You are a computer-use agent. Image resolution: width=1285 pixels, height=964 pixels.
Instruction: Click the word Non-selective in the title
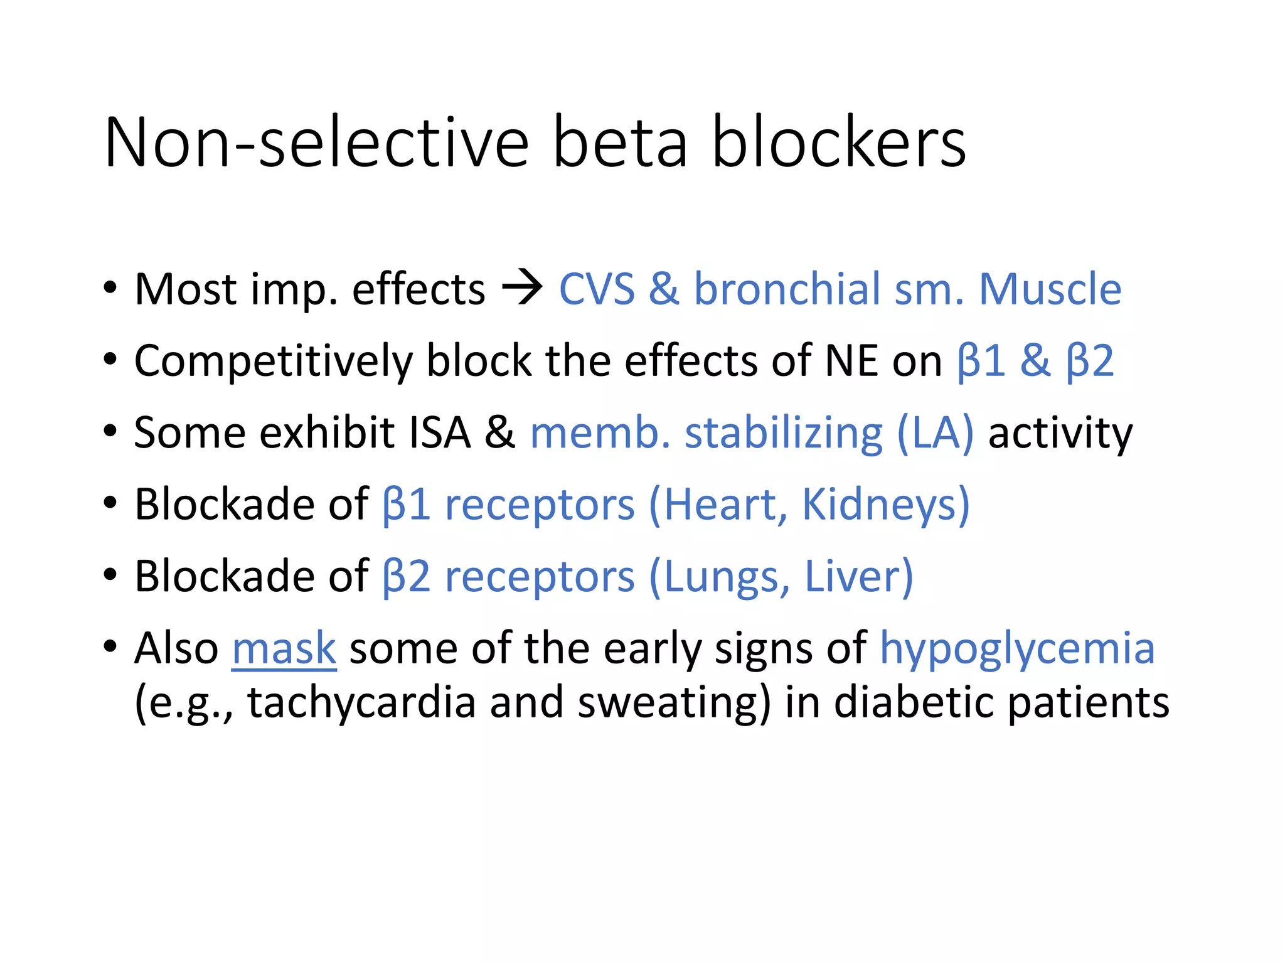tap(317, 143)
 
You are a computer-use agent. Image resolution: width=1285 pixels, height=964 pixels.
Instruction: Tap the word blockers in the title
tap(839, 143)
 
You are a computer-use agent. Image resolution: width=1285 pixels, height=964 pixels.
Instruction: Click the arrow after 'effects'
tap(522, 289)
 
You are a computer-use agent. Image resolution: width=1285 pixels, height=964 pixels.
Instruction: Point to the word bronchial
tap(787, 289)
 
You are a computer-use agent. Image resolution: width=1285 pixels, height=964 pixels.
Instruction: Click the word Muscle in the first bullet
tap(1050, 289)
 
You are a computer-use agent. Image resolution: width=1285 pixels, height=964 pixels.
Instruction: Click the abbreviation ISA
tap(439, 433)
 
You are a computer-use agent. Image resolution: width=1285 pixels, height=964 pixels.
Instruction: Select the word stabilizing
tap(783, 433)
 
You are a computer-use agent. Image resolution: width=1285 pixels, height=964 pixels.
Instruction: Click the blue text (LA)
tap(936, 433)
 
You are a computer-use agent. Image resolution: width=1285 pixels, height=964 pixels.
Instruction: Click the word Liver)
tap(858, 576)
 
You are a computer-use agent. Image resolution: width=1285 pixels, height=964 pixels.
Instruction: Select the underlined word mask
tap(284, 649)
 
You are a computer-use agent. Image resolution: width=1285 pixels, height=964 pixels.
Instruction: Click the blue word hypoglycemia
tap(1016, 649)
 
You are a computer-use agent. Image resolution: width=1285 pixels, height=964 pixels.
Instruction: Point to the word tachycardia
tap(361, 702)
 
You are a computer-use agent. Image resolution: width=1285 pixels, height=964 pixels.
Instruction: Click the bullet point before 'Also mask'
tap(110, 646)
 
